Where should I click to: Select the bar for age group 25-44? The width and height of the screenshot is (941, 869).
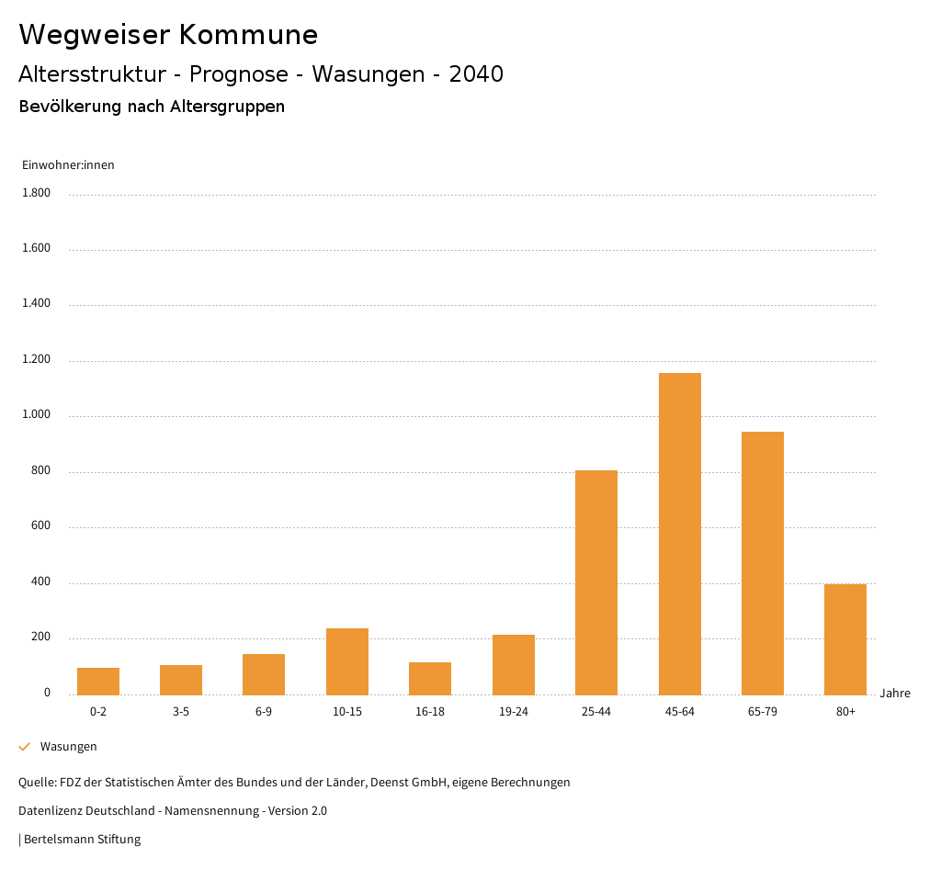tap(596, 581)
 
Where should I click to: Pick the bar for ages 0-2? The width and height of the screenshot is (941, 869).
tap(98, 681)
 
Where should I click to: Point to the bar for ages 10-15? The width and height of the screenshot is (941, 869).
tap(347, 661)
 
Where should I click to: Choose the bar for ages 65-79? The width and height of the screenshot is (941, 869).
tap(763, 562)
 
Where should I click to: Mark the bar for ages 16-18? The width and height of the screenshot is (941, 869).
tap(430, 678)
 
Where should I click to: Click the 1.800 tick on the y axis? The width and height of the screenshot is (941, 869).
tap(37, 193)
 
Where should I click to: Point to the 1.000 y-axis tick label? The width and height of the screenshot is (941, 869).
tap(37, 415)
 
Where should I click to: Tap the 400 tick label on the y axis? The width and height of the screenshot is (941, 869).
tap(41, 582)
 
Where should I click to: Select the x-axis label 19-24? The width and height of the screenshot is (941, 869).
tap(514, 712)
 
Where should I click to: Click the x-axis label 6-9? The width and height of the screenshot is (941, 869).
tap(264, 712)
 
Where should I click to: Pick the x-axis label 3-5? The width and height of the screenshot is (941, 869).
tap(181, 712)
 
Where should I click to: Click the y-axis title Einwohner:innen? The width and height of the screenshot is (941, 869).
tap(68, 165)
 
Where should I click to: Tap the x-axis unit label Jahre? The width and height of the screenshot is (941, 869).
tap(894, 694)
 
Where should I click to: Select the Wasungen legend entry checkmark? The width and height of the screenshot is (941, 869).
tap(25, 747)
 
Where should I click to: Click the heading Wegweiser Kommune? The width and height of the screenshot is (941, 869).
tap(168, 35)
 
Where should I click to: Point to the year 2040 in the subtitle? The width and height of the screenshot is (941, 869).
tap(476, 74)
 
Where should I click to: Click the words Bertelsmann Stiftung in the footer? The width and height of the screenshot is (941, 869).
tap(82, 840)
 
